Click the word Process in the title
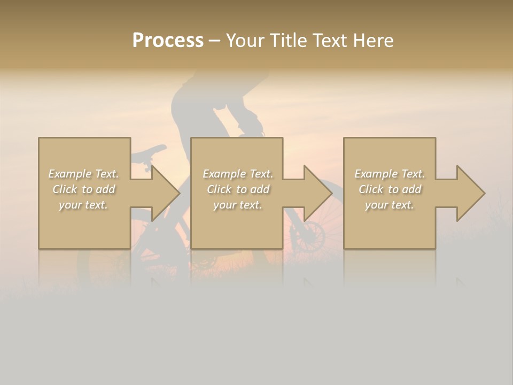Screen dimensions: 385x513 pos(168,41)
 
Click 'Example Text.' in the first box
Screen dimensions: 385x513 pos(83,174)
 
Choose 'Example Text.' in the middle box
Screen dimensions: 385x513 pos(238,174)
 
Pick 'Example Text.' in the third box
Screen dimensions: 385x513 pos(390,174)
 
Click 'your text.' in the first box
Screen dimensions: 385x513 pos(83,205)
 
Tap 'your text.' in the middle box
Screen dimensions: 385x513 pos(238,205)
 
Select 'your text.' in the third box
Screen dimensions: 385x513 pos(390,205)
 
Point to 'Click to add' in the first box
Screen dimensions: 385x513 pos(83,189)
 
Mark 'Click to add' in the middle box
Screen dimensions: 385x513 pos(238,189)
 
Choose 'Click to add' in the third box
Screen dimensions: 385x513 pos(390,189)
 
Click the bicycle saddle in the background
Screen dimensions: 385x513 pos(149,152)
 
